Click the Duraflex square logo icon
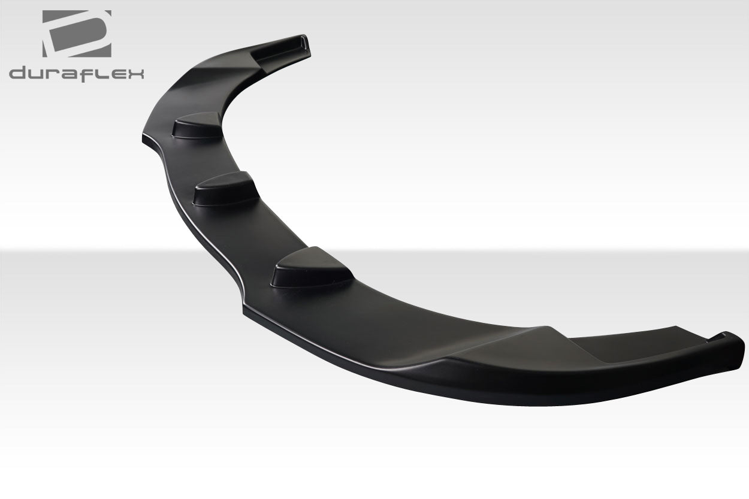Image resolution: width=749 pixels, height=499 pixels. tap(77, 34)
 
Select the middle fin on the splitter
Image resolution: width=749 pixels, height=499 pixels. tap(225, 189)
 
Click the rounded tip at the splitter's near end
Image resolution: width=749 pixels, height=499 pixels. tap(734, 347)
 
